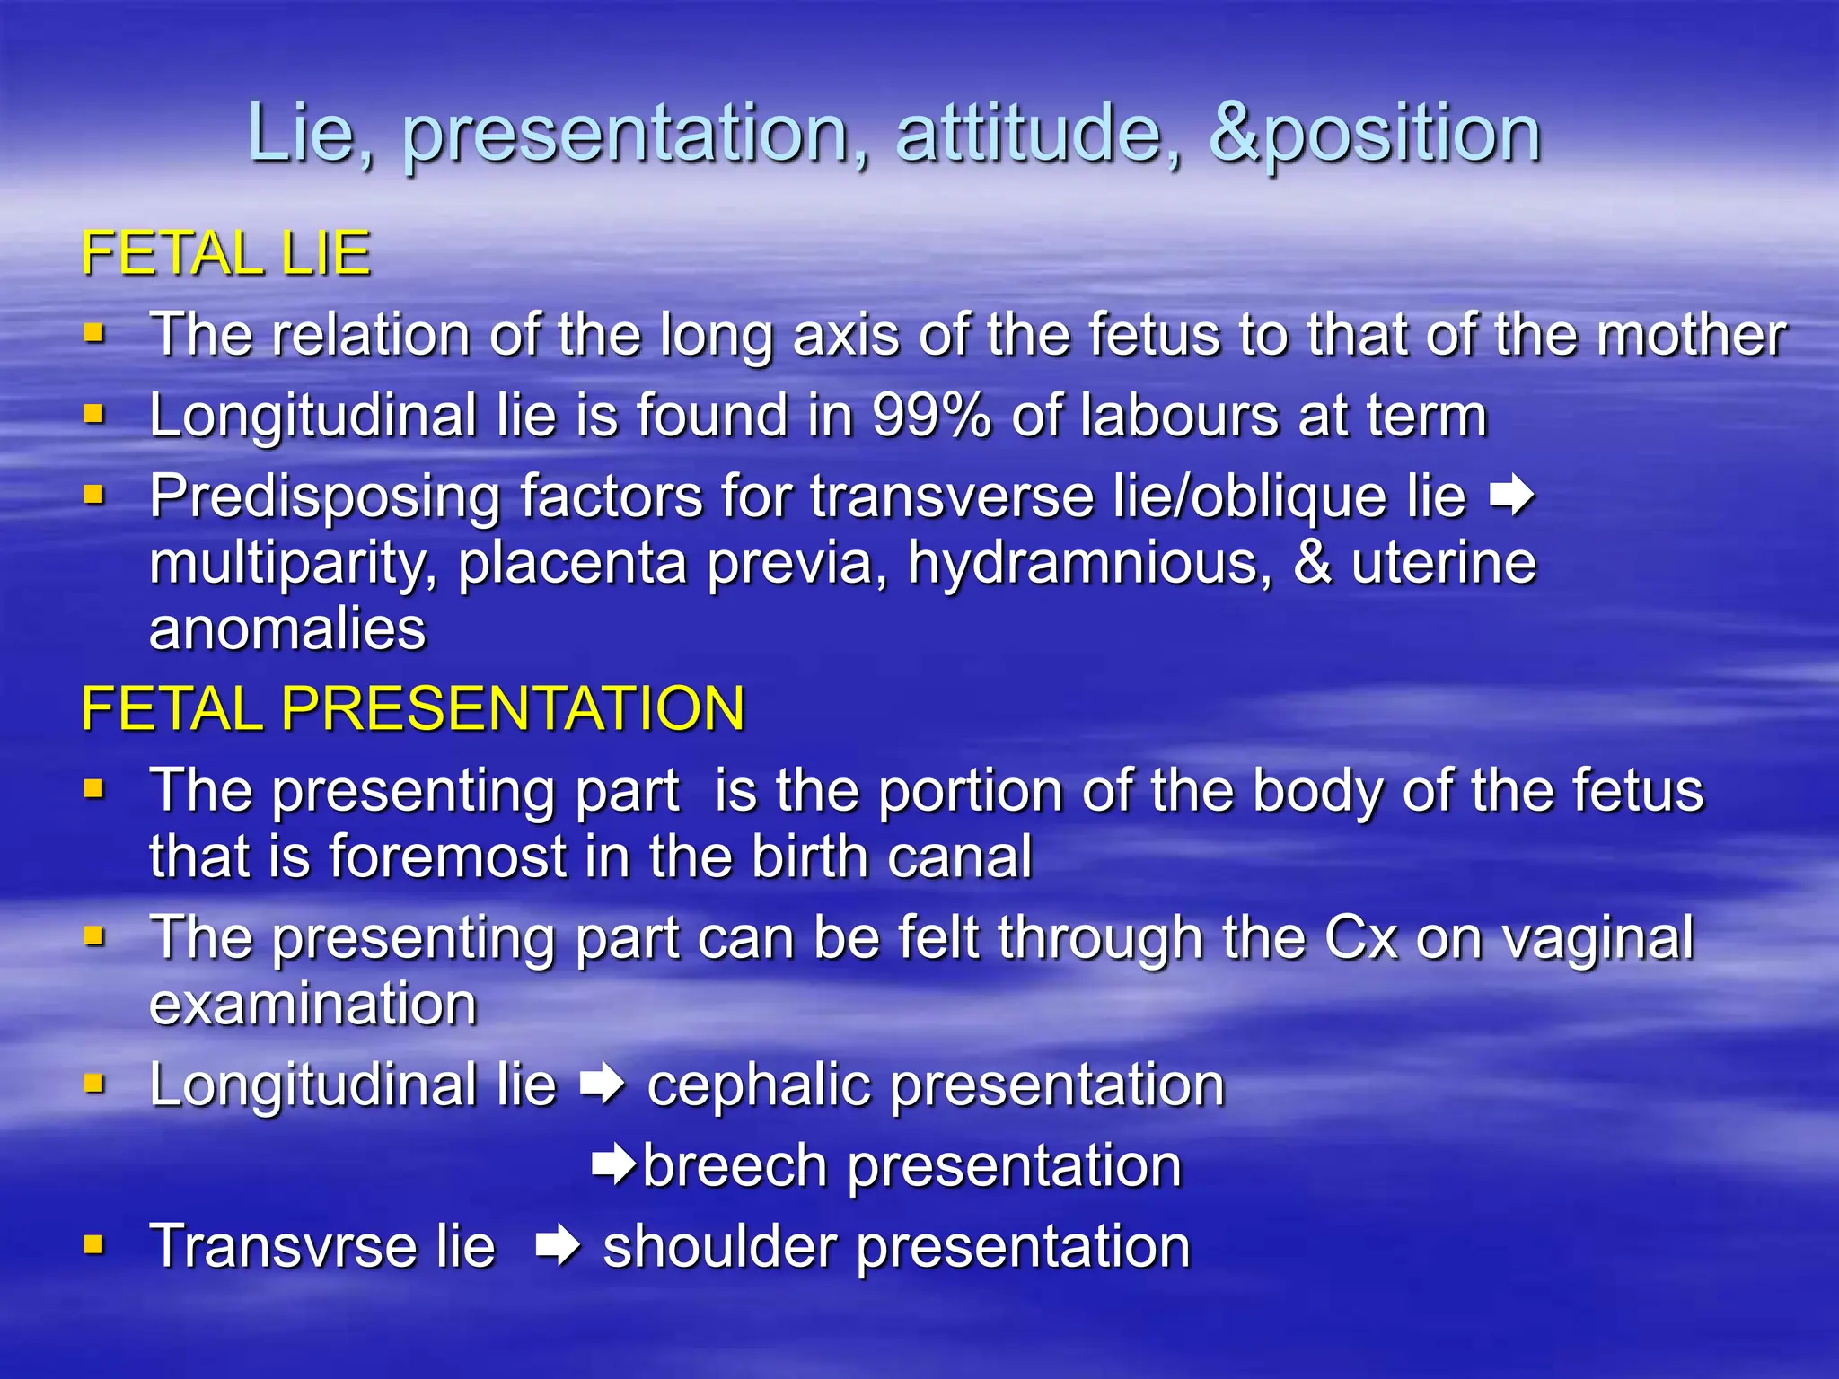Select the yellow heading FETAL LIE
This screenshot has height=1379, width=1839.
click(x=225, y=253)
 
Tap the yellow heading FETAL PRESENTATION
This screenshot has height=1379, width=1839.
click(x=413, y=708)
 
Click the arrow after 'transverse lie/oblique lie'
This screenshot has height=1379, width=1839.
click(x=1512, y=496)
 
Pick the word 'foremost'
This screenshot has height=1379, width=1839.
click(x=449, y=856)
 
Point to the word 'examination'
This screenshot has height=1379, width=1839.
click(x=312, y=1005)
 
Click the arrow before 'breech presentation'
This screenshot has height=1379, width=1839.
click(x=614, y=1165)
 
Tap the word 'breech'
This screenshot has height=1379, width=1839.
click(x=735, y=1166)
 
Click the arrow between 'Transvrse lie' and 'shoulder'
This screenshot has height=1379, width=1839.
click(x=558, y=1247)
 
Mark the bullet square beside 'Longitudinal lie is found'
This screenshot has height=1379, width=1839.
click(x=93, y=415)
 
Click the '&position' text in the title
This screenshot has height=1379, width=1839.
click(x=1374, y=135)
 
